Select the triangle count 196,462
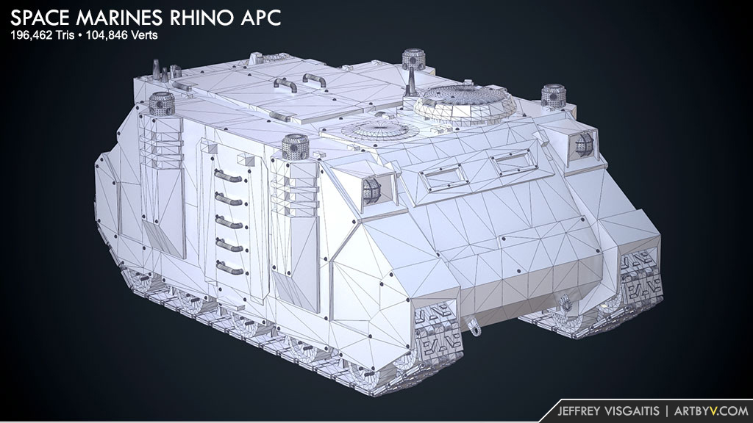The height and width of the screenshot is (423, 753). point(31,35)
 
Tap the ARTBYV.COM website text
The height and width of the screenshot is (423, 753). point(711,411)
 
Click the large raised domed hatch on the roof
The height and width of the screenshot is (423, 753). point(465,102)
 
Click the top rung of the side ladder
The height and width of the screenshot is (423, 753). point(229,176)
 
